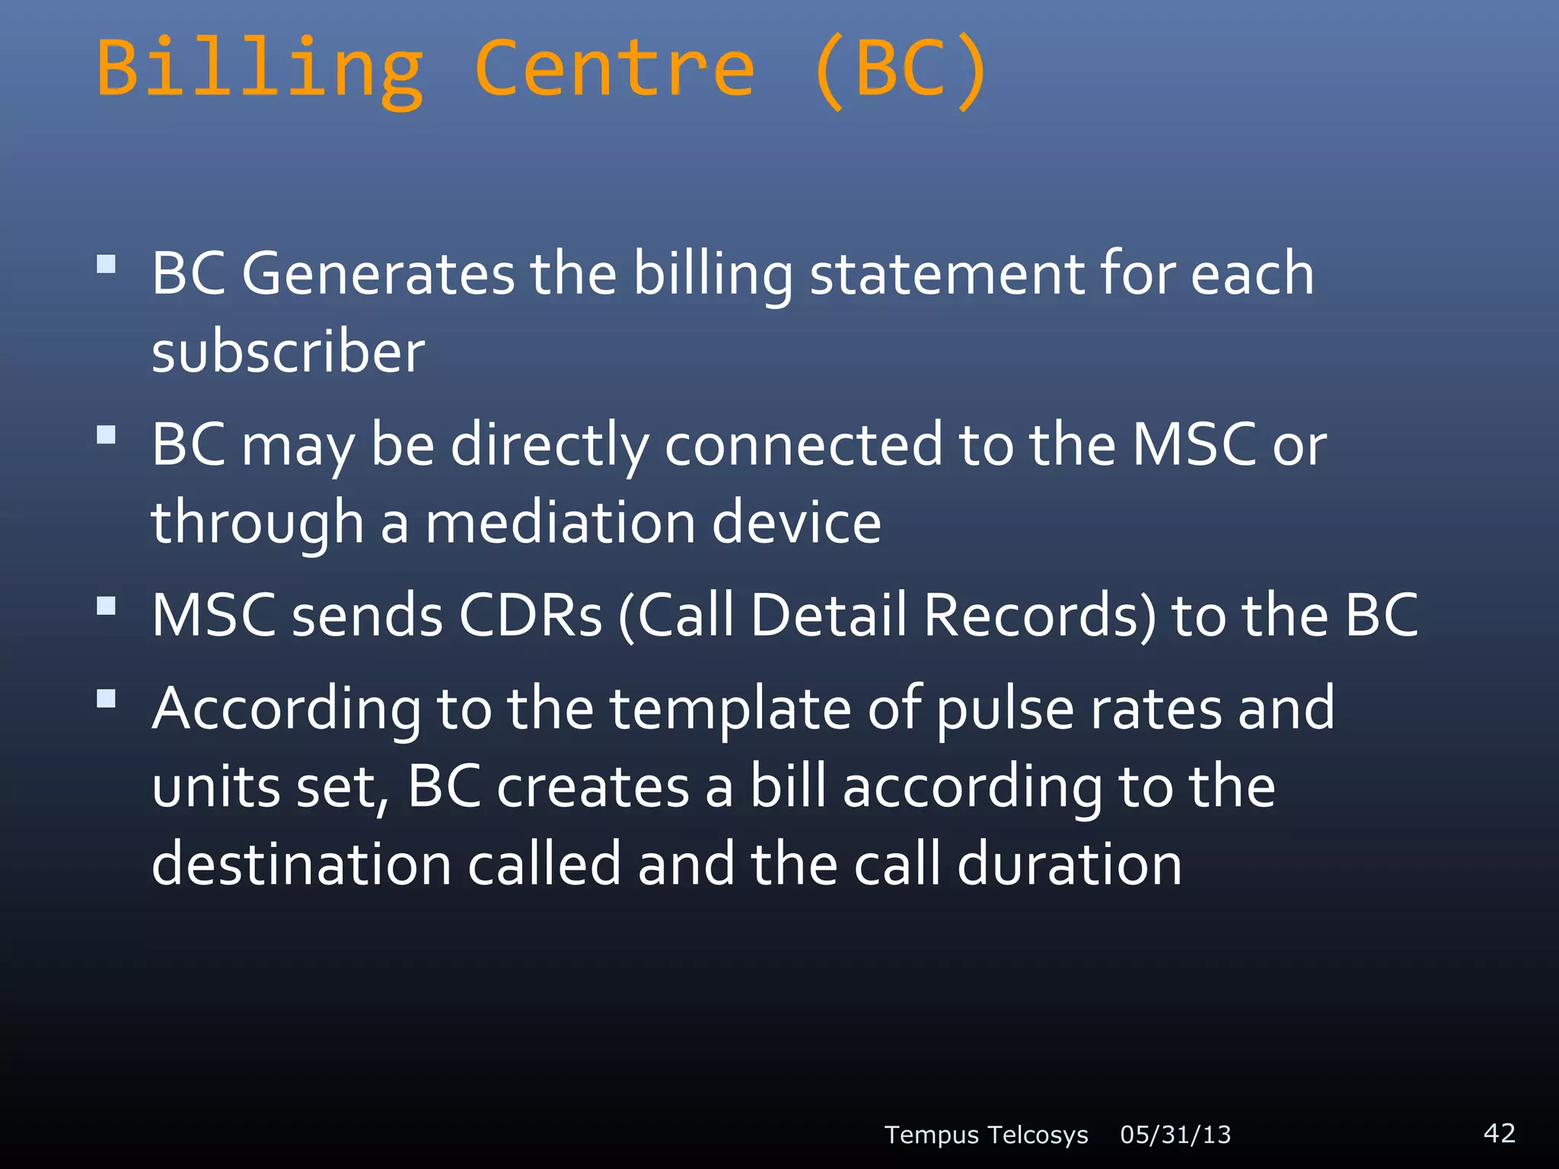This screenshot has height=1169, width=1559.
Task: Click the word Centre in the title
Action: pyautogui.click(x=615, y=70)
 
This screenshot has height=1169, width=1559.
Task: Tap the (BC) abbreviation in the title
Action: pyautogui.click(x=901, y=70)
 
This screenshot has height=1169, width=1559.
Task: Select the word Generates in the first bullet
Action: pyautogui.click(x=378, y=274)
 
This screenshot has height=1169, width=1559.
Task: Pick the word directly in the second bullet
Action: pyautogui.click(x=550, y=445)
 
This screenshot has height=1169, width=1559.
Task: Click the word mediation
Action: pyautogui.click(x=560, y=524)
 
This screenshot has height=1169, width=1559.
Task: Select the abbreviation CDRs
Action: pyautogui.click(x=531, y=616)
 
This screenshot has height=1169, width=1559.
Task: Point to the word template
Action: pyautogui.click(x=730, y=709)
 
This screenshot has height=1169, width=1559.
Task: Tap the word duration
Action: pyautogui.click(x=1069, y=865)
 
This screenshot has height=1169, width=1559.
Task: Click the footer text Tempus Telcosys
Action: pyautogui.click(x=986, y=1135)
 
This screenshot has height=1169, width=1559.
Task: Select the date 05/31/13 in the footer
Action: pyautogui.click(x=1175, y=1135)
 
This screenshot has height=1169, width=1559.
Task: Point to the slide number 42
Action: pyautogui.click(x=1500, y=1132)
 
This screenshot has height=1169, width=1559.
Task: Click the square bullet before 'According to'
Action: pyautogui.click(x=107, y=699)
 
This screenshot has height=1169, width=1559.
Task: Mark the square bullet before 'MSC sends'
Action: pyautogui.click(x=107, y=606)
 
